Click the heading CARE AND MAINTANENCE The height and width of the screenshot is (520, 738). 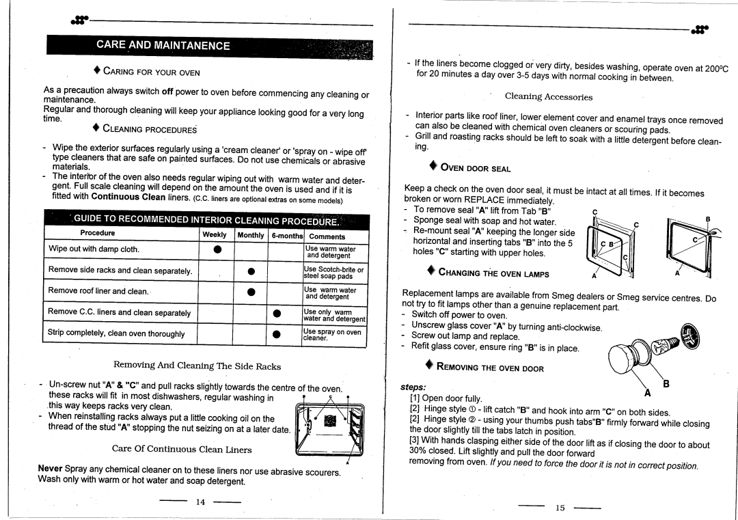pos(163,46)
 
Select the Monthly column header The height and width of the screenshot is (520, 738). pos(250,234)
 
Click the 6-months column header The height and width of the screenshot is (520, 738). pos(286,234)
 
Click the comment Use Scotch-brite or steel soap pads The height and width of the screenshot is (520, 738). pos(333,272)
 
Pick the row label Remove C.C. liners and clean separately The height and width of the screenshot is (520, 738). pos(119,313)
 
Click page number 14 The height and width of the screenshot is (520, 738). pos(200,502)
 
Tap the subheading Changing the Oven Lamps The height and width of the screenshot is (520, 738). pos(494,274)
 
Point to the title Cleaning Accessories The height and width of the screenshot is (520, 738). pos(548,98)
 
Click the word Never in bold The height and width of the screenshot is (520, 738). pos(50,469)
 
